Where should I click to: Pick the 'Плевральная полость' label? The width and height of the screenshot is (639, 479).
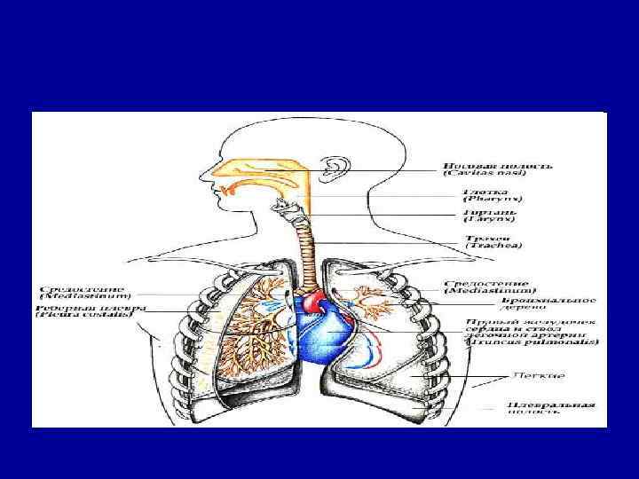(538, 410)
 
